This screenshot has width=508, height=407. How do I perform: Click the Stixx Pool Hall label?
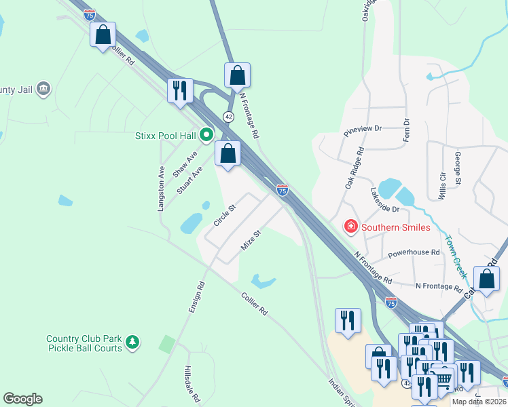pos(164,135)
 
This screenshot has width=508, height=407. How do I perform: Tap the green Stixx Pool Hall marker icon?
pos(205,135)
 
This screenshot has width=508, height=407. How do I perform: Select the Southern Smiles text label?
pos(396,227)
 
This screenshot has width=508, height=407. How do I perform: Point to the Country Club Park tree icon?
pos(134,343)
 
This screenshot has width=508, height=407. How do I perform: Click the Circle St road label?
pos(223,216)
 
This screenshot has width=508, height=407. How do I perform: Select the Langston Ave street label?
pos(162,189)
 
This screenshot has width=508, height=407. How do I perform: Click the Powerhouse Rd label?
pos(414,254)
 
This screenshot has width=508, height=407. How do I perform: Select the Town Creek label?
pos(456,256)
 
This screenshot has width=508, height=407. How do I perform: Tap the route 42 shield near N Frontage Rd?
pos(230,117)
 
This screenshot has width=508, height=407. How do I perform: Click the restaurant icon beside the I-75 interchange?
pos(181,91)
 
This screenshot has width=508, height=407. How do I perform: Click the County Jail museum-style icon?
pos(43,89)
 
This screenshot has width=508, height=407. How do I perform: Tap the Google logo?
pos(22,399)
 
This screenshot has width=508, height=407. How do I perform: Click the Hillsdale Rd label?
pos(192,383)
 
